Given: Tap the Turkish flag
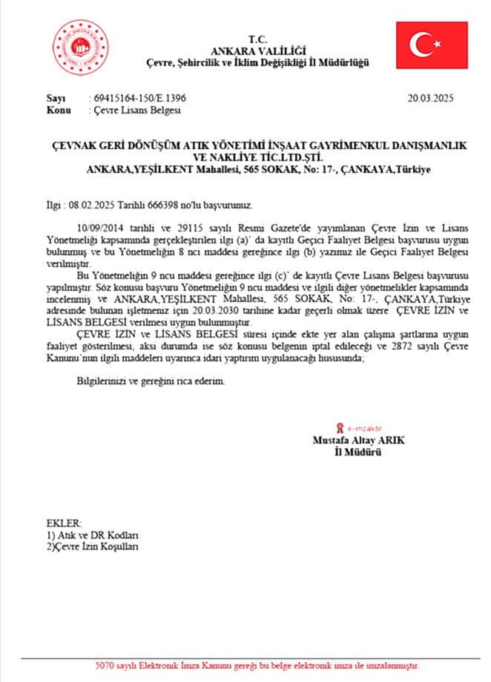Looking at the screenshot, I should pos(431,45).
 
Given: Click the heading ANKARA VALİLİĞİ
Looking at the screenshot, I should pos(257,50).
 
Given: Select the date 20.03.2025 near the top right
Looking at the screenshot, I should pos(430,97).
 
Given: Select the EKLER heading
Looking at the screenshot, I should pos(64,523).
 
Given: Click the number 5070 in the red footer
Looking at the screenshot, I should pos(107,665).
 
